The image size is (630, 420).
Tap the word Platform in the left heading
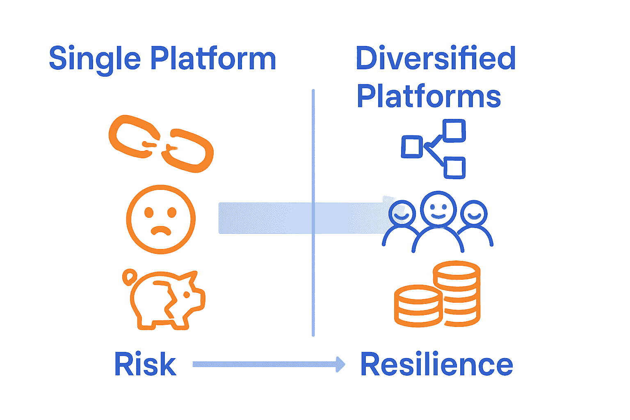[213, 58]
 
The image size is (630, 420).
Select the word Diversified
[436, 58]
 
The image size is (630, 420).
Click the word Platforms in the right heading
[429, 96]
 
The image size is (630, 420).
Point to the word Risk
[145, 364]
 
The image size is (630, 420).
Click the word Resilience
[436, 364]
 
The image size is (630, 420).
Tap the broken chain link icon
[161, 144]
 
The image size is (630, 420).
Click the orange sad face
[161, 219]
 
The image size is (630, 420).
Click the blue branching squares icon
[434, 148]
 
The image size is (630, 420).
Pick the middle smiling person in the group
[438, 209]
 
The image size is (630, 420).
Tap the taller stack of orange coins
[457, 293]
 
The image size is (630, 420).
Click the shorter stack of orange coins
[418, 306]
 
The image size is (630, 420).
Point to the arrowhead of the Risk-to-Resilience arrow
[340, 364]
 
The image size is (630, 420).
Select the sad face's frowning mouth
[161, 231]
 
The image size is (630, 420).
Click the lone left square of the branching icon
[411, 147]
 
